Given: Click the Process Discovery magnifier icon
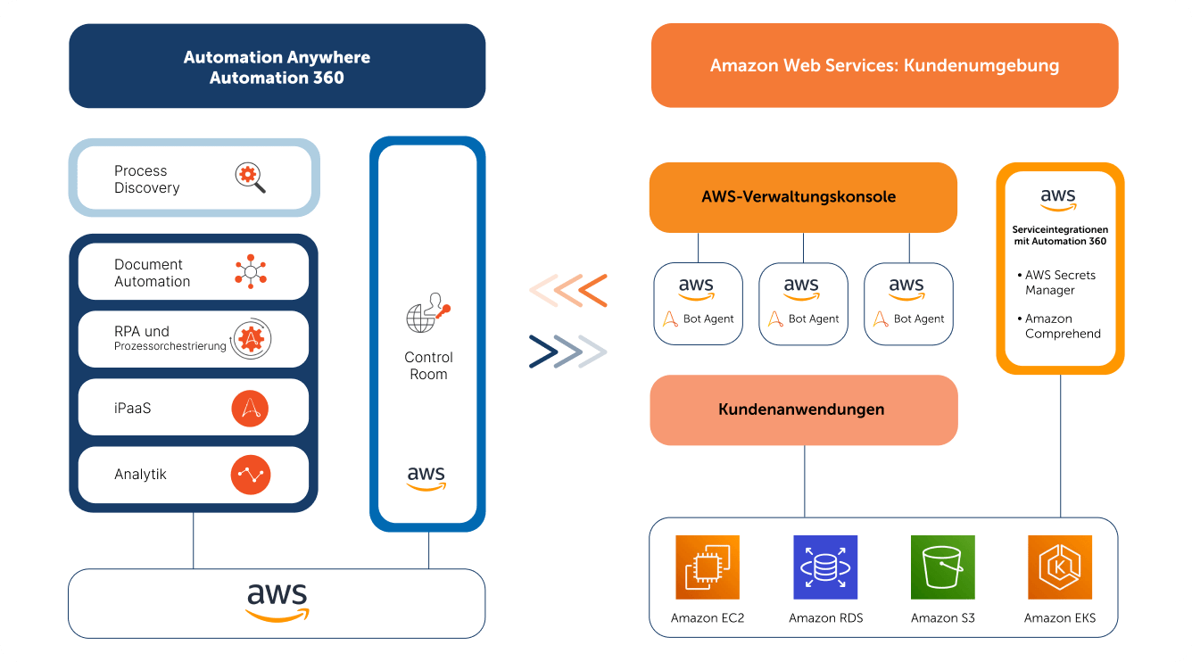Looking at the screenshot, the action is (x=250, y=178).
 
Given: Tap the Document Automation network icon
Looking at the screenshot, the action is (x=251, y=272).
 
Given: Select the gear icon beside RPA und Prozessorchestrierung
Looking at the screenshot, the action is (x=251, y=338).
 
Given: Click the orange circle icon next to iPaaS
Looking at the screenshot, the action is (x=250, y=409).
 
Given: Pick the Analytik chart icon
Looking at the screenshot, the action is (x=250, y=475).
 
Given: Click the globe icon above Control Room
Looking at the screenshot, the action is (x=428, y=313).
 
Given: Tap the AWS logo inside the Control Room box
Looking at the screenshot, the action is (x=426, y=478).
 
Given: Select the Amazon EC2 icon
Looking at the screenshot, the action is (x=708, y=567).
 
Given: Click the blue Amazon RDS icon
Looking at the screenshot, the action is (x=824, y=567).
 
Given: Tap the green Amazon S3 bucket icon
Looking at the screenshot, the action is (x=942, y=567).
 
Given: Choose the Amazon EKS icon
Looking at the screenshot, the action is (x=1059, y=567).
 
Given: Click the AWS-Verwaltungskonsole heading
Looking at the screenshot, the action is (x=799, y=197).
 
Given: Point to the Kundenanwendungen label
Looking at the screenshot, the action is (x=801, y=410).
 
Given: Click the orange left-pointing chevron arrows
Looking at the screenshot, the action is (x=568, y=291).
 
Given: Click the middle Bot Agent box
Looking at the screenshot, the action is (x=803, y=304).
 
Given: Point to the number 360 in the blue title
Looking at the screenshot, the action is (x=328, y=79).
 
